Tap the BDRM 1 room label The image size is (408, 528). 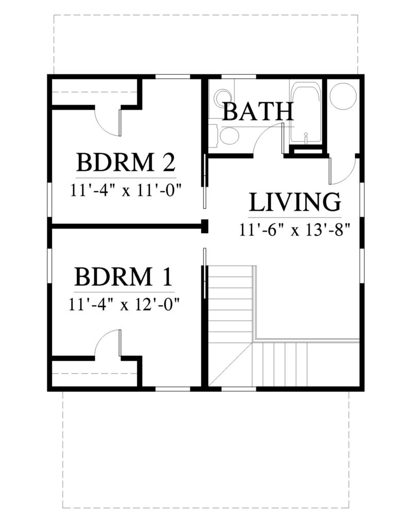(124, 276)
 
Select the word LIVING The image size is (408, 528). (295, 202)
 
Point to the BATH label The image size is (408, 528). (258, 111)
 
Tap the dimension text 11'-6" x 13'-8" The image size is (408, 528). (295, 230)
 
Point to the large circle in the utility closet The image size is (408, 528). (343, 95)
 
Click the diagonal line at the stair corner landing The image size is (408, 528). (231, 364)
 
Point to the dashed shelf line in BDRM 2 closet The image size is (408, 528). (94, 92)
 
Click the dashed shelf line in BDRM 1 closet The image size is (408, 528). (94, 373)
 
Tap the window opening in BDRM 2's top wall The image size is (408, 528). (173, 77)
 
